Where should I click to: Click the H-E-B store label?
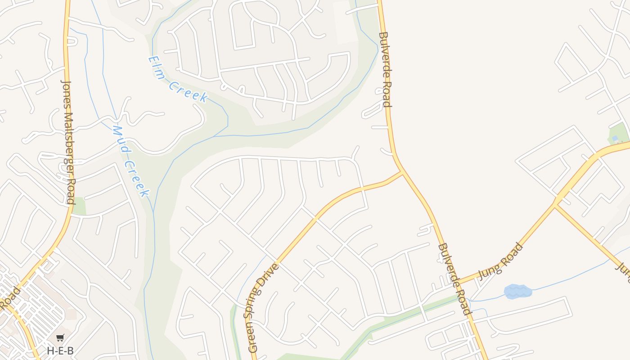(x=60, y=351)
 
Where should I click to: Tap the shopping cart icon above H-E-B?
(x=60, y=337)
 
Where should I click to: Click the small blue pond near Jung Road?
(x=518, y=292)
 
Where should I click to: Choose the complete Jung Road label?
(x=500, y=261)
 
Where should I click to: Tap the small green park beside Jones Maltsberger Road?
(x=79, y=206)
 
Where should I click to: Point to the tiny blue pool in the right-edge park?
(x=615, y=138)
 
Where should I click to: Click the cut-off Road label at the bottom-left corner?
(x=10, y=297)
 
